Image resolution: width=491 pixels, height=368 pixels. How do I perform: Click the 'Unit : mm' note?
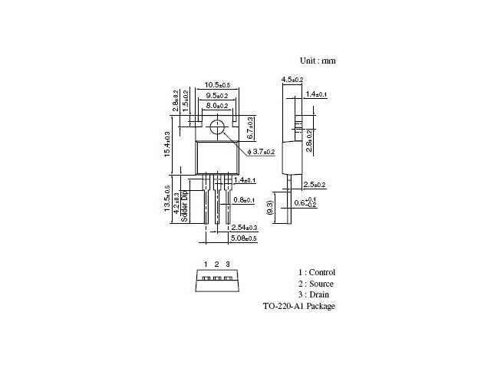(317, 60)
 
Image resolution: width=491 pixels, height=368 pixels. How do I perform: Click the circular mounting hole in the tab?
(219, 128)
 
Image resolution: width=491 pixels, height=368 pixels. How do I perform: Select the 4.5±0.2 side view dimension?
(292, 80)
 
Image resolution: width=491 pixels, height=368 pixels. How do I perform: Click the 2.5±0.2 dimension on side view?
(315, 185)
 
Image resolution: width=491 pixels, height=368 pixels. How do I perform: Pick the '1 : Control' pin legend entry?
(317, 272)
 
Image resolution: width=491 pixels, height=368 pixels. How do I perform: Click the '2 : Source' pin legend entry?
(316, 284)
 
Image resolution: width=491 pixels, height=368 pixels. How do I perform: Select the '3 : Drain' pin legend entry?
(314, 294)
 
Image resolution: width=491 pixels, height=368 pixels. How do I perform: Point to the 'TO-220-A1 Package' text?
(298, 306)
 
